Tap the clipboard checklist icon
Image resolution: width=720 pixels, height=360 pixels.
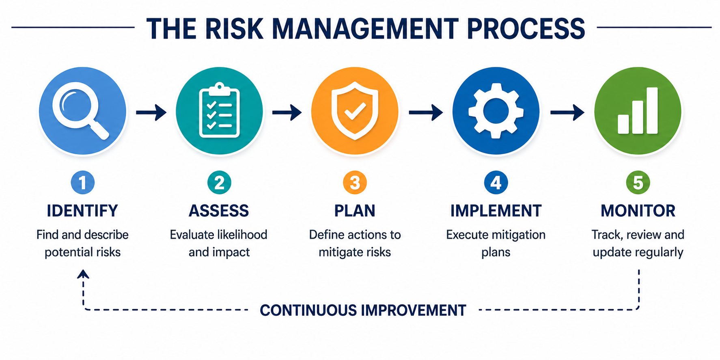click(219, 110)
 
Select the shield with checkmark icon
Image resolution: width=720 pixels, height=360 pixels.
click(355, 111)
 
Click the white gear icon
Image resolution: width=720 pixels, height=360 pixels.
click(496, 111)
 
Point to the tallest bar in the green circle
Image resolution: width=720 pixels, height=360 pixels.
click(652, 110)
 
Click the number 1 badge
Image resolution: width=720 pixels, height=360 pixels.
click(83, 183)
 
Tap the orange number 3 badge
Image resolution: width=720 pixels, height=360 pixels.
click(355, 183)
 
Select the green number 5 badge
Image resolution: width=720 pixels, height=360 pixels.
click(638, 183)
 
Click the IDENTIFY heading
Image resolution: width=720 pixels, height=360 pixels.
click(82, 211)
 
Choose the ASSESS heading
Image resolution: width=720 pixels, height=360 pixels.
click(219, 211)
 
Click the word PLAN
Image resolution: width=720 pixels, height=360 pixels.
click(355, 211)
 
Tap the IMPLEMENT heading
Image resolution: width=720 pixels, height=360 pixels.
click(496, 211)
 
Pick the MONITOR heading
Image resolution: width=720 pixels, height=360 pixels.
click(638, 211)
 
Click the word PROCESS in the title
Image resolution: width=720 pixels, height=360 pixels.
click(526, 28)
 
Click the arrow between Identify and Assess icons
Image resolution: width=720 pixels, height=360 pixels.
click(151, 112)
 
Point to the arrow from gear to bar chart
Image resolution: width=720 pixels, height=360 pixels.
click(567, 112)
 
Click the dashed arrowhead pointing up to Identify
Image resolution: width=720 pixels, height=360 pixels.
click(83, 274)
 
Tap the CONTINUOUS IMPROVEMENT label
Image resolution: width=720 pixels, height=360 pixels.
click(363, 310)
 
